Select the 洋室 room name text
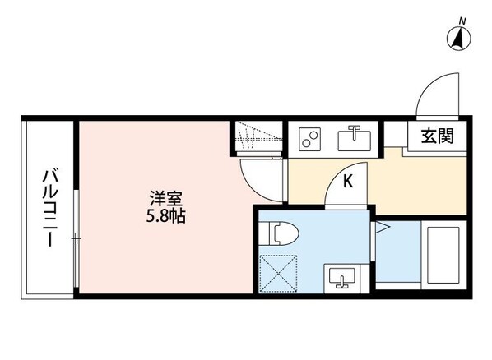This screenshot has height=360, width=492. pos(165,199)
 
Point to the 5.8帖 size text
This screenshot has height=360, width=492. pos(165,217)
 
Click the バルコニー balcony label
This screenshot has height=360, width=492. pos(49,209)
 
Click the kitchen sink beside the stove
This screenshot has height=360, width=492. pos(356,138)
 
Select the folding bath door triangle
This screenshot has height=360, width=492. pos(381,230)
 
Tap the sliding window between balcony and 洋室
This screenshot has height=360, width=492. pos(76,238)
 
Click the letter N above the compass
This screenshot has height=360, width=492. pos(462,19)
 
